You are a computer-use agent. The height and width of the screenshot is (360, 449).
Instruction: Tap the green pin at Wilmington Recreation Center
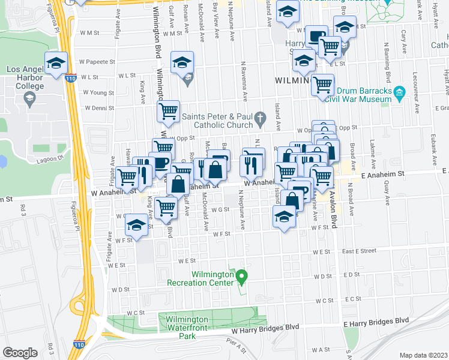[x=242, y=278]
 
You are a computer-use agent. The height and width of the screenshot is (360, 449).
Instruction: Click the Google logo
[x=20, y=353]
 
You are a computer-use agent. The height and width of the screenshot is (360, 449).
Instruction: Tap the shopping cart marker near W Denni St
[x=169, y=110]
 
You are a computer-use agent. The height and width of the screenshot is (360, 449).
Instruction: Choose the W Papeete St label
[x=98, y=61]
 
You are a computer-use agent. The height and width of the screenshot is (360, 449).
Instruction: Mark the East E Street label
[x=359, y=250]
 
